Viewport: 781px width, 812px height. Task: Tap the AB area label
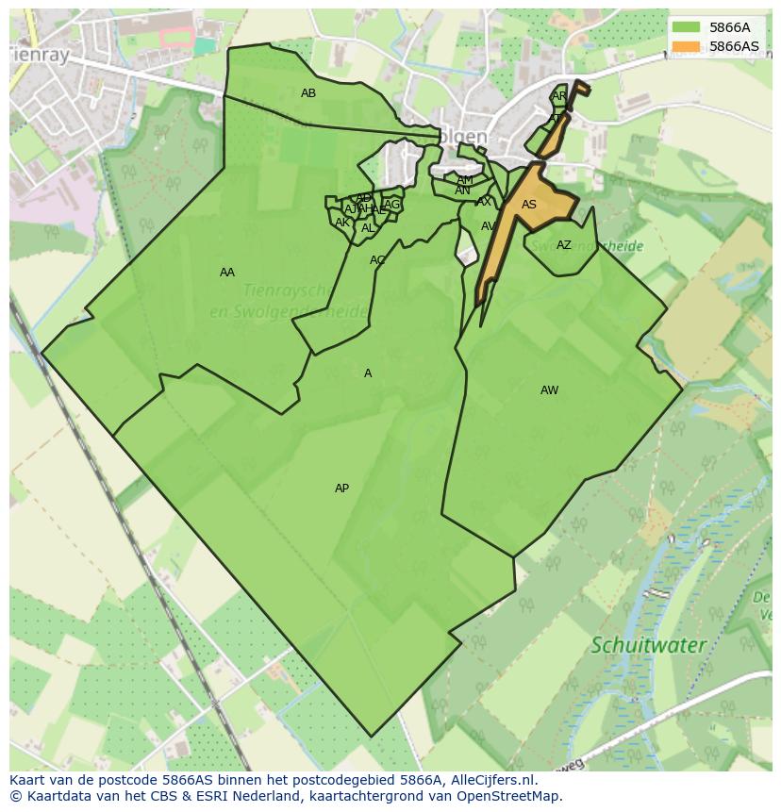308,93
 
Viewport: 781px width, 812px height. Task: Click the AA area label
227,273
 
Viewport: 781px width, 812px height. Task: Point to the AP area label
341,489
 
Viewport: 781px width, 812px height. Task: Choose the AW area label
549,390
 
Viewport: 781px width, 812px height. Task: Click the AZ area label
564,245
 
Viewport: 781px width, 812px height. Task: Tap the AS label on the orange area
529,205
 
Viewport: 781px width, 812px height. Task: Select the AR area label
559,96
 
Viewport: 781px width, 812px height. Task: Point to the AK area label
342,223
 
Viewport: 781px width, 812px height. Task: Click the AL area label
368,228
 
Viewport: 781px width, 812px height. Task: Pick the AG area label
392,205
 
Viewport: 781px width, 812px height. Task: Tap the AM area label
465,180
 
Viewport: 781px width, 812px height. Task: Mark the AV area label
489,226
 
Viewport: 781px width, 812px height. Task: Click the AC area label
377,260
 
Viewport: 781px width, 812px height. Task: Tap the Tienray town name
40,56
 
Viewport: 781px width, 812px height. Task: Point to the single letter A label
368,373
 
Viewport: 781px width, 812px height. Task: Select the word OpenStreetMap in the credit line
509,796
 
